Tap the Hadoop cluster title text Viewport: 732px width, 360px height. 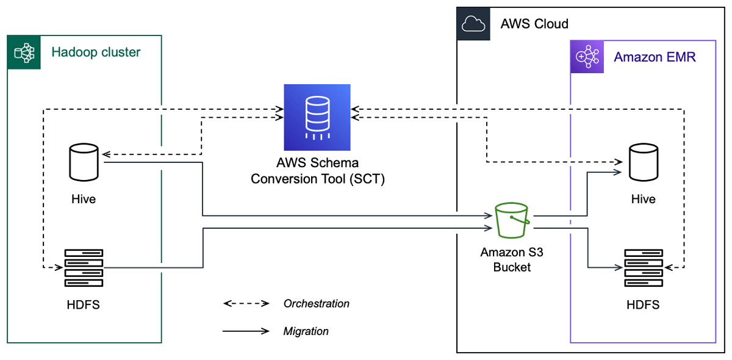[96, 52]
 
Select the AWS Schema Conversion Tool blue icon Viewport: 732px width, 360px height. [317, 118]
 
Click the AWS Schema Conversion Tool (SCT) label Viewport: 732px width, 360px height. [317, 171]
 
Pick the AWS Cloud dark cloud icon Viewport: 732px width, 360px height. [473, 24]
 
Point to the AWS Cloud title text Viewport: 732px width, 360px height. [534, 24]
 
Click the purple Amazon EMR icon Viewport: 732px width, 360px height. [587, 57]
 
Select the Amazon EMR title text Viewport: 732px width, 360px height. [655, 57]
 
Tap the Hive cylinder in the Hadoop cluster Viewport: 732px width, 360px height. [84, 162]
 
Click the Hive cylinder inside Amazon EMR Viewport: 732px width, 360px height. [643, 162]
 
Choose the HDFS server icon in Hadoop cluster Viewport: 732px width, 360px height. [84, 268]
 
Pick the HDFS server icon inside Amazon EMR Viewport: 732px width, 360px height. [643, 268]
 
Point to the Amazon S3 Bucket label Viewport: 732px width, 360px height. [512, 259]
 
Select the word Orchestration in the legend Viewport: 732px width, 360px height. [317, 303]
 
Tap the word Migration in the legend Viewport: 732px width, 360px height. [306, 331]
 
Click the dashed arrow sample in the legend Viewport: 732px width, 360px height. [246, 303]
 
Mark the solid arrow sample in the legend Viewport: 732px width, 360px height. [246, 331]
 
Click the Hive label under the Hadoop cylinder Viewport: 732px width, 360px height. [84, 199]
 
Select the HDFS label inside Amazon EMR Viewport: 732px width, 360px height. [643, 304]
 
